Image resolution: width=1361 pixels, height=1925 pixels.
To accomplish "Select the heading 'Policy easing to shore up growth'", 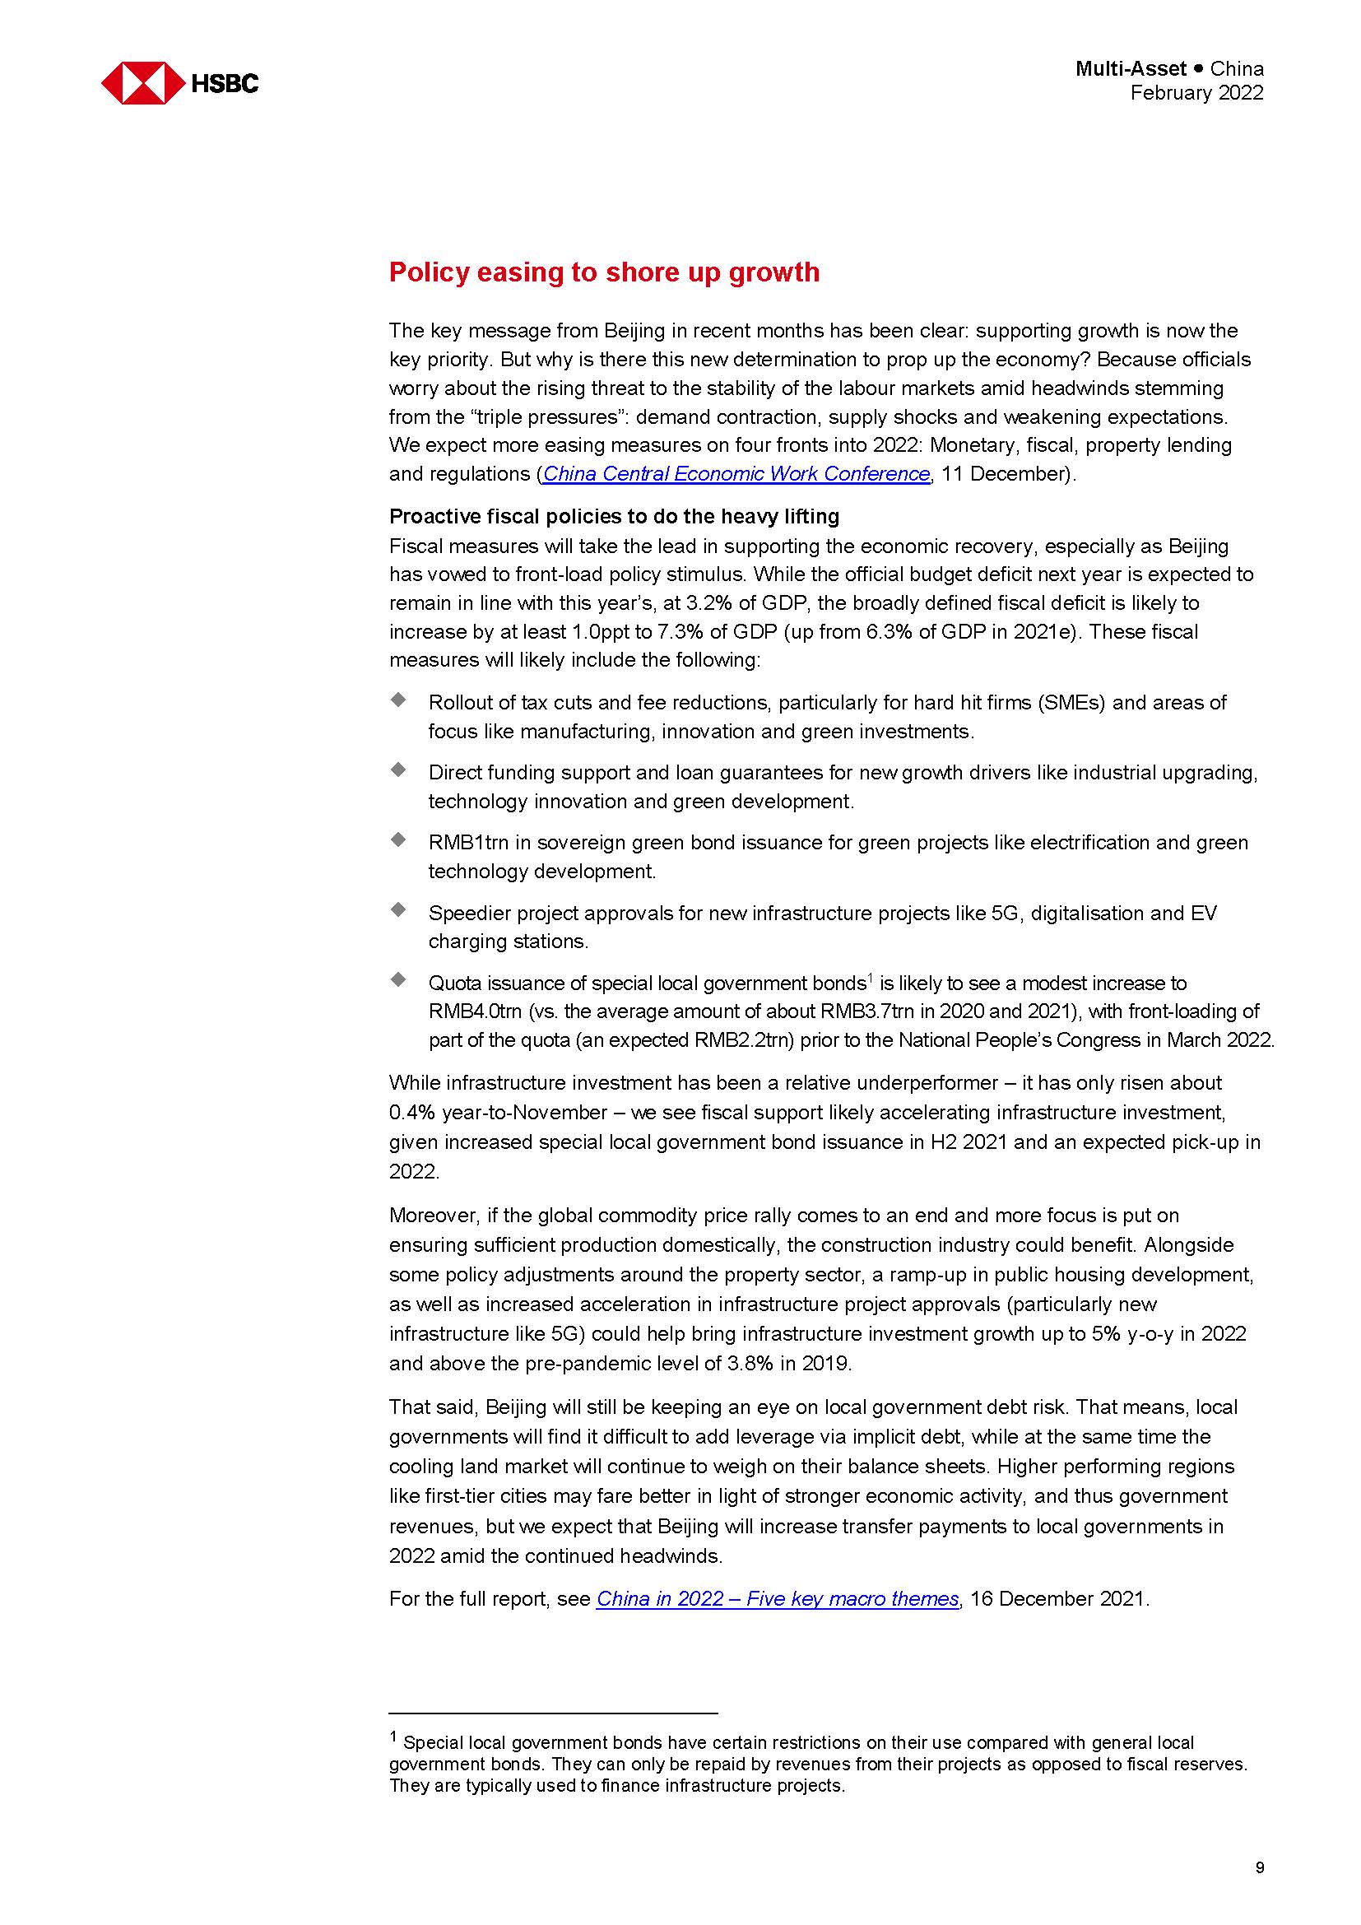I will click(x=603, y=272).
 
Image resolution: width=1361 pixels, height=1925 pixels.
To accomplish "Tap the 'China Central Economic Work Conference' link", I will click(x=736, y=474).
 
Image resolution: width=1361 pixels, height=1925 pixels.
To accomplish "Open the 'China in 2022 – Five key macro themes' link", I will click(x=777, y=1599).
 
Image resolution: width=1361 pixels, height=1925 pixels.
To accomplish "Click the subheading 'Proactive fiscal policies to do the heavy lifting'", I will click(x=614, y=516).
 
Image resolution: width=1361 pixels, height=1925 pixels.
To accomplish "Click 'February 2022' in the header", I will click(x=1196, y=93).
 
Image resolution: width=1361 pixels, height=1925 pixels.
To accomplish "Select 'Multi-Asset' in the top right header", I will click(x=1131, y=69).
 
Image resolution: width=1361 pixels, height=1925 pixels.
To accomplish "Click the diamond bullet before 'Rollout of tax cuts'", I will click(x=398, y=700).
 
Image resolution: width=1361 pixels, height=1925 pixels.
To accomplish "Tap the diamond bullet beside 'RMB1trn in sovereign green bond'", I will click(x=398, y=839).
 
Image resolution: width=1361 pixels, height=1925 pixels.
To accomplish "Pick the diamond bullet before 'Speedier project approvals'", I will click(x=398, y=909).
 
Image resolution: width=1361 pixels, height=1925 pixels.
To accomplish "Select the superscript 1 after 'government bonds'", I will click(x=870, y=978).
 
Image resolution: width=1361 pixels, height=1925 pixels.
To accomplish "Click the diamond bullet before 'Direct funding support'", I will click(x=398, y=769).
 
